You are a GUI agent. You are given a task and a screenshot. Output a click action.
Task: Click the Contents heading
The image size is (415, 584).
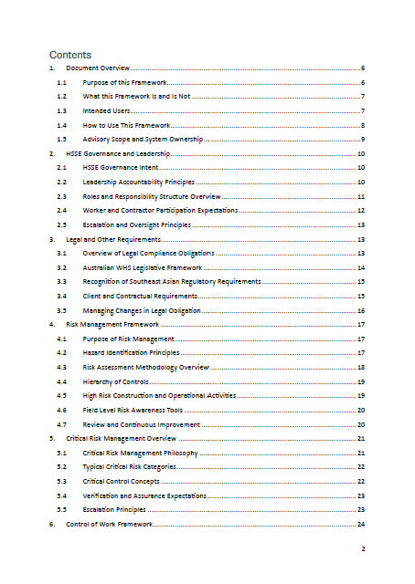[69, 54]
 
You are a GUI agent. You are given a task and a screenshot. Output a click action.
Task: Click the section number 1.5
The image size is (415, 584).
[61, 139]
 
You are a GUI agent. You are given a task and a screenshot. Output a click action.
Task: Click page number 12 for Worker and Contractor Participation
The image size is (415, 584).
[362, 210]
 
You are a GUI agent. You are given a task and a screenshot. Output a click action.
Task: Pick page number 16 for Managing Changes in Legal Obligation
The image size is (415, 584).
[362, 310]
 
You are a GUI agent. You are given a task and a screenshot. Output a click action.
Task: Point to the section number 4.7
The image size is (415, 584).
[61, 424]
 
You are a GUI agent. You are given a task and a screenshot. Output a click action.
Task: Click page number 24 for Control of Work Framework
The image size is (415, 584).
[362, 525]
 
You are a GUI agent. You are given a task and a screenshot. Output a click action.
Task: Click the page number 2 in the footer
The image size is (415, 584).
[363, 548]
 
